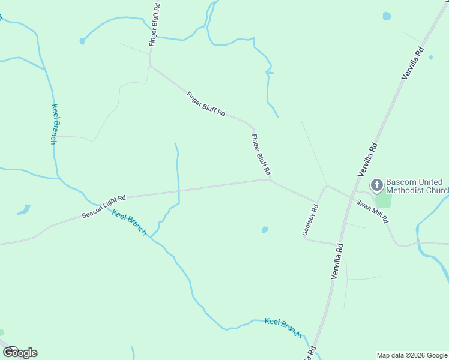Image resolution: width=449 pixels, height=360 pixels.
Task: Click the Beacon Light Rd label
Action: coord(104,206)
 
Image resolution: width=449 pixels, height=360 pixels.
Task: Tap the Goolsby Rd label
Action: coord(310,220)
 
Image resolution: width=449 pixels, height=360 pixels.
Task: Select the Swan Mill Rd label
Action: coord(373,211)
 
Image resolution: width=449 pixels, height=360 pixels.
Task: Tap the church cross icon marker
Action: coord(377,184)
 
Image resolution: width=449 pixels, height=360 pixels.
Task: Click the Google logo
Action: coord(20,352)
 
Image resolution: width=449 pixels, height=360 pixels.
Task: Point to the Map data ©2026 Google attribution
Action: coord(412,355)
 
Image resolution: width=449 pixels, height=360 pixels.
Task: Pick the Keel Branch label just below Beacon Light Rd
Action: coord(130,223)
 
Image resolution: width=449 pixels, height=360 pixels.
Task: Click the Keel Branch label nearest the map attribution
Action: coord(283,327)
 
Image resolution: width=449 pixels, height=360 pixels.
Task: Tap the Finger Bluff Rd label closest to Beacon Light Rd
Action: coord(261,155)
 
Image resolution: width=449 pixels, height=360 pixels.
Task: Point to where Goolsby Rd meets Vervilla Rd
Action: coord(340,245)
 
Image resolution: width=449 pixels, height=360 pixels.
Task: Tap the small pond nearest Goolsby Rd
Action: coord(264,230)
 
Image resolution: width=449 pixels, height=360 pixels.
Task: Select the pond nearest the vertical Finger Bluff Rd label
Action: coord(82,41)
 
